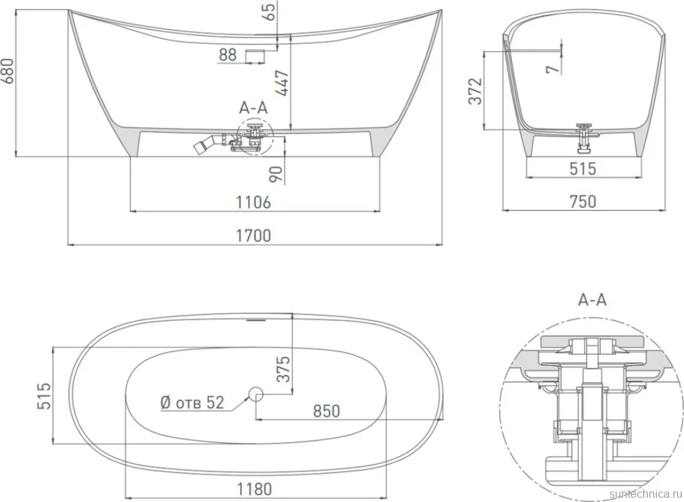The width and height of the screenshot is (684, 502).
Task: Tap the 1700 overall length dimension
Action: (x=253, y=235)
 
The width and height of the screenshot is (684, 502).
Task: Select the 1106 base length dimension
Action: (x=253, y=202)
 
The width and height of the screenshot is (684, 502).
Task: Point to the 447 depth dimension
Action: (x=283, y=83)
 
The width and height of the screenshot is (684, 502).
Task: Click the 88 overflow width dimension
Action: (x=228, y=55)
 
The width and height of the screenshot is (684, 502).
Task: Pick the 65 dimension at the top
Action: (x=270, y=12)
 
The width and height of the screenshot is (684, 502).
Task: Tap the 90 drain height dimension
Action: (x=276, y=175)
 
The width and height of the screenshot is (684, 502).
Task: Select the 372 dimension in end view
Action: (x=475, y=91)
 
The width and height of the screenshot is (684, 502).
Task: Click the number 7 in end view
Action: (x=553, y=68)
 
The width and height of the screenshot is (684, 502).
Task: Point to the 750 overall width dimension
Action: (x=583, y=202)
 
